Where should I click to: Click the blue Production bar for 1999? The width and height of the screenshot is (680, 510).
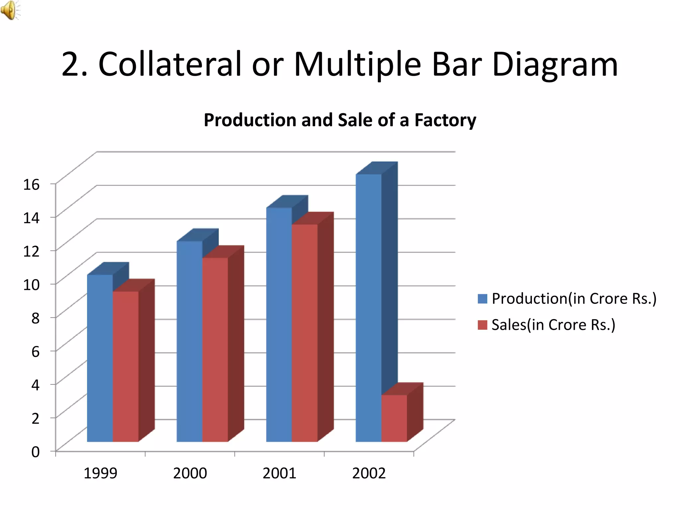click(x=100, y=359)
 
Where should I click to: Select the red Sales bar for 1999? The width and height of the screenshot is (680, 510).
click(x=126, y=367)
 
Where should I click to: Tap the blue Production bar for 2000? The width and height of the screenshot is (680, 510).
click(x=189, y=342)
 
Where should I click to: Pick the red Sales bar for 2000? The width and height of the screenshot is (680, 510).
click(x=215, y=350)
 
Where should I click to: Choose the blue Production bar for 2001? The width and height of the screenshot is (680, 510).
click(x=279, y=325)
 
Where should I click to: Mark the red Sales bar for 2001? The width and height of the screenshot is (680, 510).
click(x=304, y=334)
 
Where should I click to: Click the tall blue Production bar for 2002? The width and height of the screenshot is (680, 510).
click(x=369, y=309)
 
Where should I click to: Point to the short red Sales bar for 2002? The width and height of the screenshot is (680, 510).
click(x=394, y=418)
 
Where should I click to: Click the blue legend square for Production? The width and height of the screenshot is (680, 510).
click(x=482, y=298)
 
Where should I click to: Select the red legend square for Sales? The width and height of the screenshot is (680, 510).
click(x=482, y=325)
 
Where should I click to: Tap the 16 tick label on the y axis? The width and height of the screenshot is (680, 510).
click(x=31, y=184)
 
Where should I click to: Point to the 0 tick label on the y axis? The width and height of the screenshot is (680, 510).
click(x=36, y=452)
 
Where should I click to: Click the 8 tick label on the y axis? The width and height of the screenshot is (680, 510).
click(x=36, y=318)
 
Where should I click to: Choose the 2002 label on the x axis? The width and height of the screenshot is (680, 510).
click(x=369, y=473)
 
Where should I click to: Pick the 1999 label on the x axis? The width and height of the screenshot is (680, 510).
click(x=100, y=473)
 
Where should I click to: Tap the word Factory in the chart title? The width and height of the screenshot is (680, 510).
click(x=445, y=120)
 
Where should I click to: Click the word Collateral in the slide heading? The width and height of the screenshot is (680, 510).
click(x=170, y=64)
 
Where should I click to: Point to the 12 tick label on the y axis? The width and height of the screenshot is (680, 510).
click(x=31, y=251)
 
